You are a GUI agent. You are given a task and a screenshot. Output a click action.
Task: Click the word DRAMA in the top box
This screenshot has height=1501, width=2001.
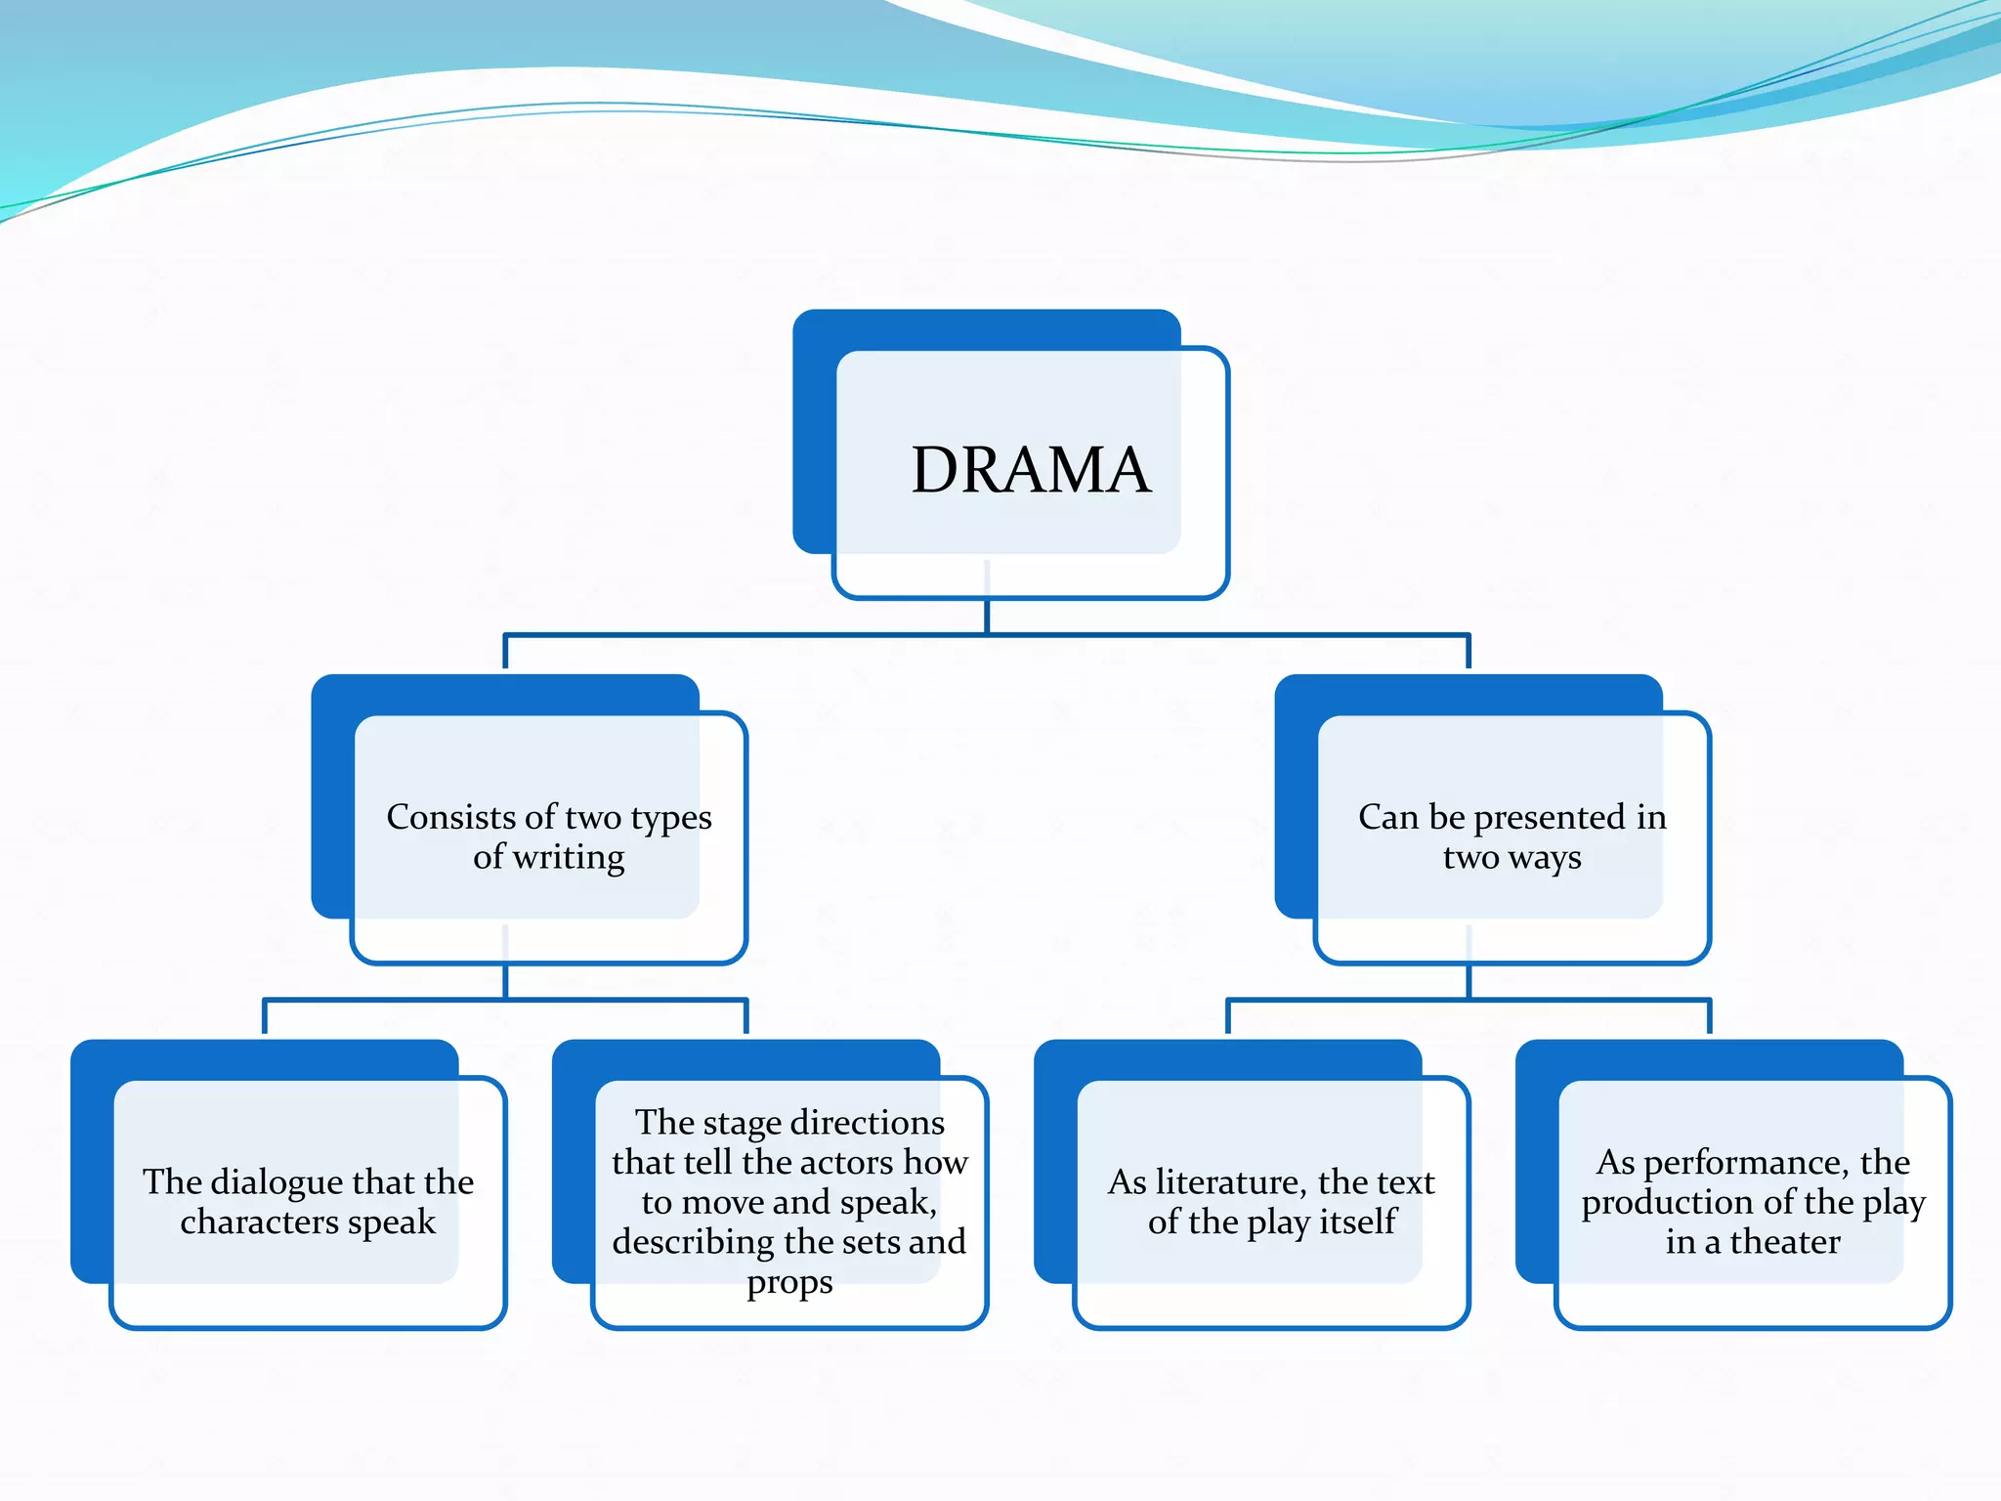pyautogui.click(x=1031, y=470)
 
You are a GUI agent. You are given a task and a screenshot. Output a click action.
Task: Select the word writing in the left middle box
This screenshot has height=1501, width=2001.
pyautogui.click(x=569, y=858)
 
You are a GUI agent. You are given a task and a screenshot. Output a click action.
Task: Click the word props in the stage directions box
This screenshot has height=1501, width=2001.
pyautogui.click(x=789, y=1282)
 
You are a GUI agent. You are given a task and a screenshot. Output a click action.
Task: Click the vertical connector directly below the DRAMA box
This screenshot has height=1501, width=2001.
pyautogui.click(x=987, y=616)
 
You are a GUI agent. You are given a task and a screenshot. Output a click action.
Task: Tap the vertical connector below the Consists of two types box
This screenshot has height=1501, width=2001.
pyautogui.click(x=505, y=980)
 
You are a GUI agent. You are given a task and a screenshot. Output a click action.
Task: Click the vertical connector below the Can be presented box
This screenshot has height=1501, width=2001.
pyautogui.click(x=1469, y=980)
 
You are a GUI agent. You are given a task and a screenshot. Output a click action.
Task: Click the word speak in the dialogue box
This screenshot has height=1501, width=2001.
pyautogui.click(x=391, y=1222)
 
